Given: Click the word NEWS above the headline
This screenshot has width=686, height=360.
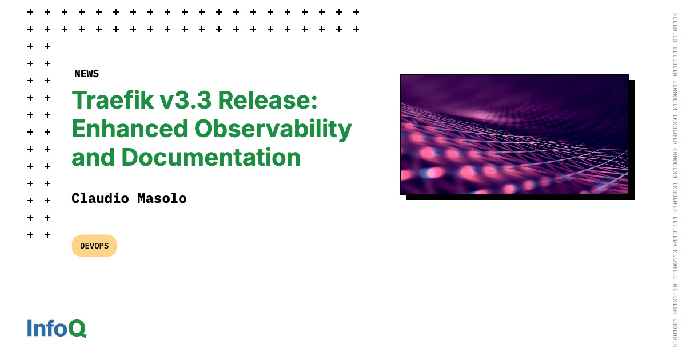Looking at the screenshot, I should click(86, 74).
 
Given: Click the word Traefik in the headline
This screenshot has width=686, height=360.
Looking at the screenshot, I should click(113, 101).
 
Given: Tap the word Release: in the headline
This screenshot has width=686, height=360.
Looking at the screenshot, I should click(268, 101).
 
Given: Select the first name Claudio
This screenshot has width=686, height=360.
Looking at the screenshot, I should click(100, 198).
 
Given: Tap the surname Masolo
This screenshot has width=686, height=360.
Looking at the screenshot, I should click(162, 198).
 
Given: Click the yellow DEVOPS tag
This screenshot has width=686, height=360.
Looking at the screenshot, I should click(94, 246).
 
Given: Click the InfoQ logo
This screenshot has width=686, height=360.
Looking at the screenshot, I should click(57, 328).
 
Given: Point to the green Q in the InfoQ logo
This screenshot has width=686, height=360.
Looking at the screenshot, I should click(77, 329).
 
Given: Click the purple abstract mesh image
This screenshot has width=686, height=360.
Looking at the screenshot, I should click(514, 134).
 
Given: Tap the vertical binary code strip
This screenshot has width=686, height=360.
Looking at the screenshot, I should click(675, 180).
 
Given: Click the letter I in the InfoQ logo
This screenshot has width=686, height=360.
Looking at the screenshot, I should click(30, 328).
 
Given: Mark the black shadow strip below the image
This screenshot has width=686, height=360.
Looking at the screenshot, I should click(520, 197).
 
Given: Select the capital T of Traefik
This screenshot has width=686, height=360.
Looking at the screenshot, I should click(80, 101).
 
